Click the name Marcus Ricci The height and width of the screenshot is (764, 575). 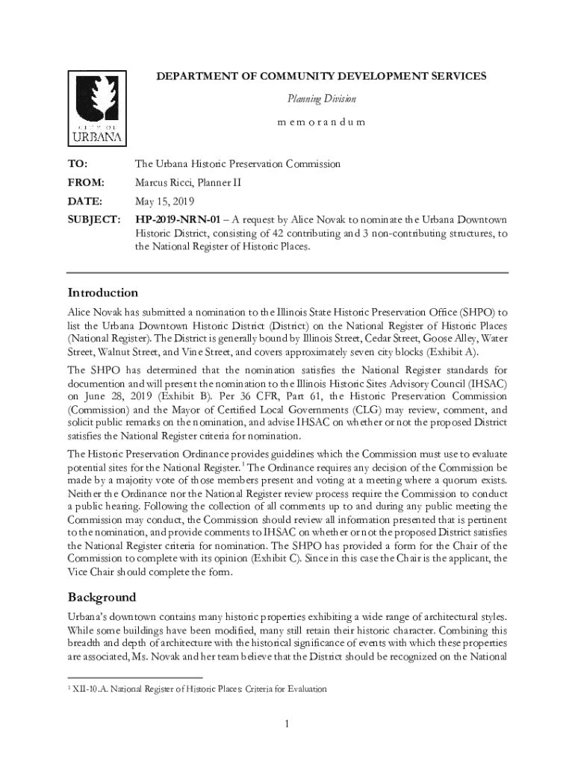pyautogui.click(x=164, y=182)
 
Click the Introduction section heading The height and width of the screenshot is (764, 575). pyautogui.click(x=103, y=292)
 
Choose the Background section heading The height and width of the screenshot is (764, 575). pyautogui.click(x=102, y=597)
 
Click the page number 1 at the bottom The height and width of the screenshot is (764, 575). pyautogui.click(x=287, y=723)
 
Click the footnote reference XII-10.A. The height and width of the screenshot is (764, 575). pyautogui.click(x=90, y=689)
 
